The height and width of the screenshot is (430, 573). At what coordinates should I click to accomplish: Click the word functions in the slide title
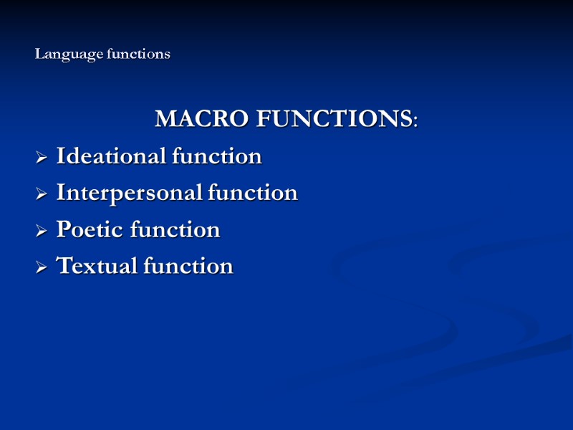click(x=138, y=54)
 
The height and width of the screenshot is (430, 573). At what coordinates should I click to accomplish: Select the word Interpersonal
click(x=130, y=193)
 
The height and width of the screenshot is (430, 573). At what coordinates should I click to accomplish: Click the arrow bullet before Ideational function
click(x=42, y=157)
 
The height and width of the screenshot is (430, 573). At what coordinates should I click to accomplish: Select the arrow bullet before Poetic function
click(x=42, y=231)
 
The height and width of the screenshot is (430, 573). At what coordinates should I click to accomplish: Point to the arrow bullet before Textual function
click(x=42, y=267)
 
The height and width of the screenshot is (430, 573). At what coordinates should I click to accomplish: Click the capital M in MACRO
click(x=165, y=119)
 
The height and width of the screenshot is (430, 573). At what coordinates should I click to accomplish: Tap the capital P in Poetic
click(x=63, y=229)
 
